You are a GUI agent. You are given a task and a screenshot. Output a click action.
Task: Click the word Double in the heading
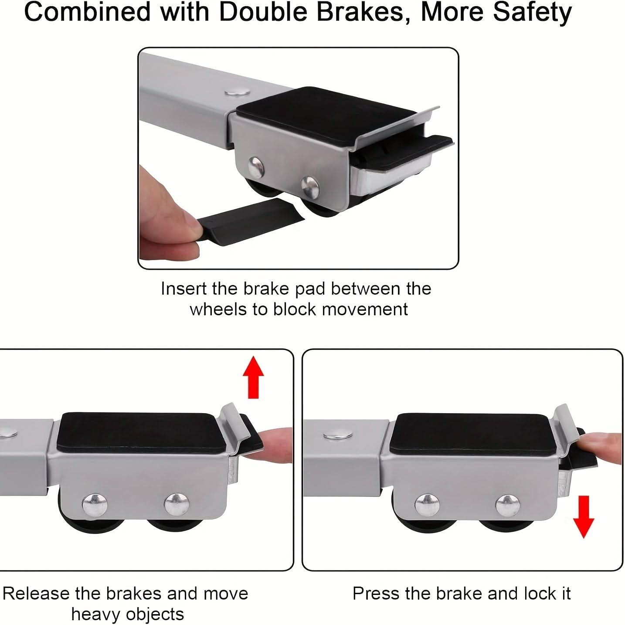(263, 12)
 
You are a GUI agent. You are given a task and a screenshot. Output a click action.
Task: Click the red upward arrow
(253, 377)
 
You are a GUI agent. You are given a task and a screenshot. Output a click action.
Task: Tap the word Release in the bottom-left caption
(36, 594)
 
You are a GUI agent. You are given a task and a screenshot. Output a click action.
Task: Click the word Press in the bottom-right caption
(375, 594)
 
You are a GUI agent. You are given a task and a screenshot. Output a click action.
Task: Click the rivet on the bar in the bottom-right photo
(338, 435)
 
